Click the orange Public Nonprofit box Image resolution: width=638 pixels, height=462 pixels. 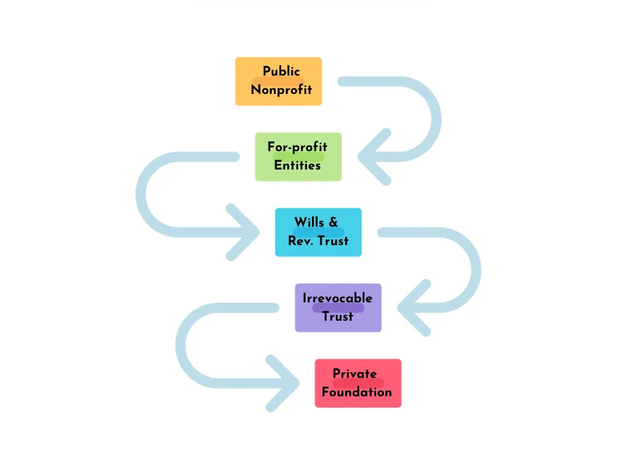278,81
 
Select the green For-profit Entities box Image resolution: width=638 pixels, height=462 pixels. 299,157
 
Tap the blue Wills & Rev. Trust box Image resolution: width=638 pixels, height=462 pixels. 318,232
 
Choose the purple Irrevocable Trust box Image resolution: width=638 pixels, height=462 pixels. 338,307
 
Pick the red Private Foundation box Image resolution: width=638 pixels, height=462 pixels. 358,383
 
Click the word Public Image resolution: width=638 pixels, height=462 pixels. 281,71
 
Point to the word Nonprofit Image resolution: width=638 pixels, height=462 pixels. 281,90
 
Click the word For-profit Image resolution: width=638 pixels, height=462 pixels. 297,147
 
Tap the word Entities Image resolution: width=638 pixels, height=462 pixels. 297,165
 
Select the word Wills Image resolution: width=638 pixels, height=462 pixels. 309,223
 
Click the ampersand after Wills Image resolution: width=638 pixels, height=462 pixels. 333,223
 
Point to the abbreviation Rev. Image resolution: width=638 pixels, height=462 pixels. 300,241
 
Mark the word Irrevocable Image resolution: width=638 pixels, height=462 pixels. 337,298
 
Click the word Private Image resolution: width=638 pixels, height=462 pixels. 354,374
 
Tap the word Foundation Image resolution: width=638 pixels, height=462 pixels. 357,392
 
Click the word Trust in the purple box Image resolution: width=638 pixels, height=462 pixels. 338,316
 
